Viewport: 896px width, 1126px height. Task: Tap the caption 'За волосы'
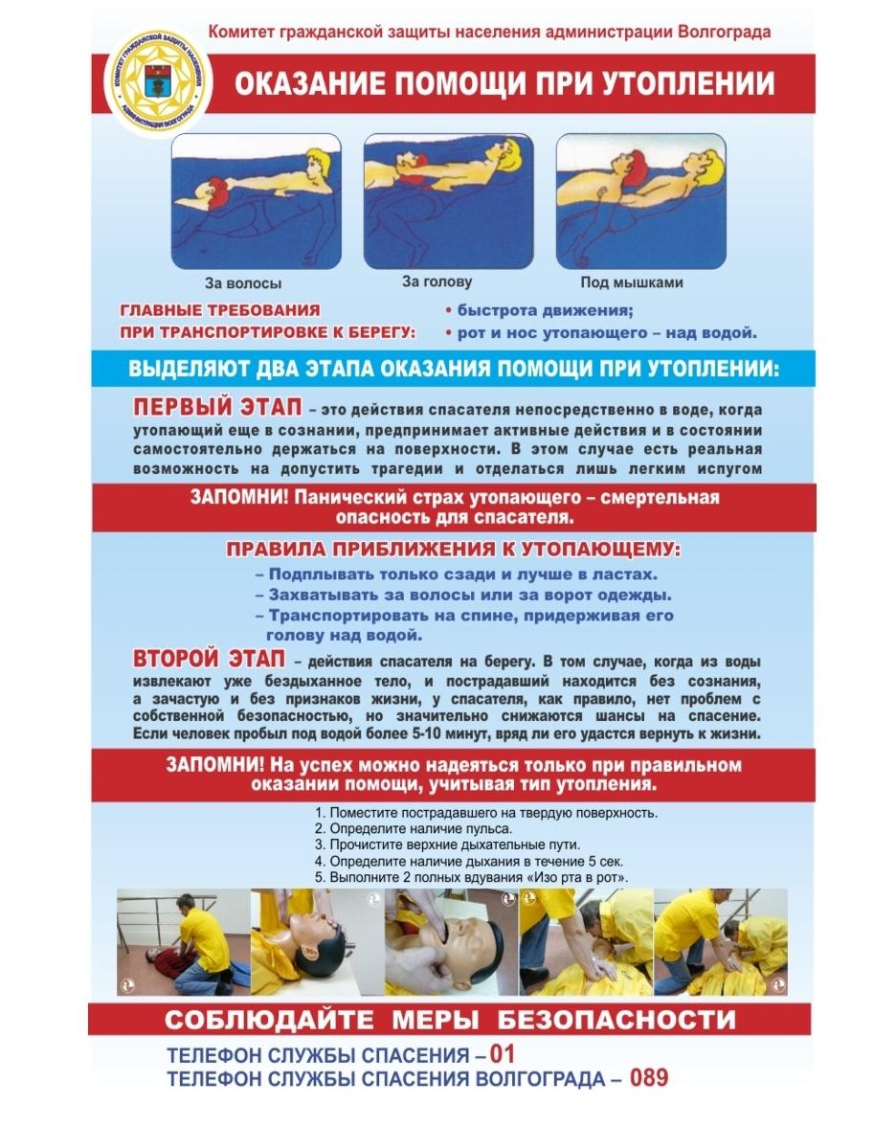coord(243,283)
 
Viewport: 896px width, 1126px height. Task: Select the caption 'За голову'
coord(437,281)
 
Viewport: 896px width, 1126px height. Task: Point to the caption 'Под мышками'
coord(632,282)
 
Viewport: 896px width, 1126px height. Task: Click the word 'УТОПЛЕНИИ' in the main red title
coord(688,83)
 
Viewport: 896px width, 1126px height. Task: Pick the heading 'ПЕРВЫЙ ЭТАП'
coord(217,406)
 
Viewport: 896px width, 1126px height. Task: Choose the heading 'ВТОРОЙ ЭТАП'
coord(209,658)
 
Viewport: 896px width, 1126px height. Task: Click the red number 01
coord(503,1053)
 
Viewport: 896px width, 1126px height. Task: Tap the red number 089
coord(649,1077)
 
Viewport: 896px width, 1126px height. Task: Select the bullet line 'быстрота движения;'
coord(539,310)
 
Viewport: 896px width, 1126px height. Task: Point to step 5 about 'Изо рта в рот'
coord(472,877)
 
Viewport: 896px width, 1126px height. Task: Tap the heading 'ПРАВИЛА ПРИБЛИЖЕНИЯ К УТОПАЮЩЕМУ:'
coord(454,550)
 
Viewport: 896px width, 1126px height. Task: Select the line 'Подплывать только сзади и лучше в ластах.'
coord(457,574)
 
